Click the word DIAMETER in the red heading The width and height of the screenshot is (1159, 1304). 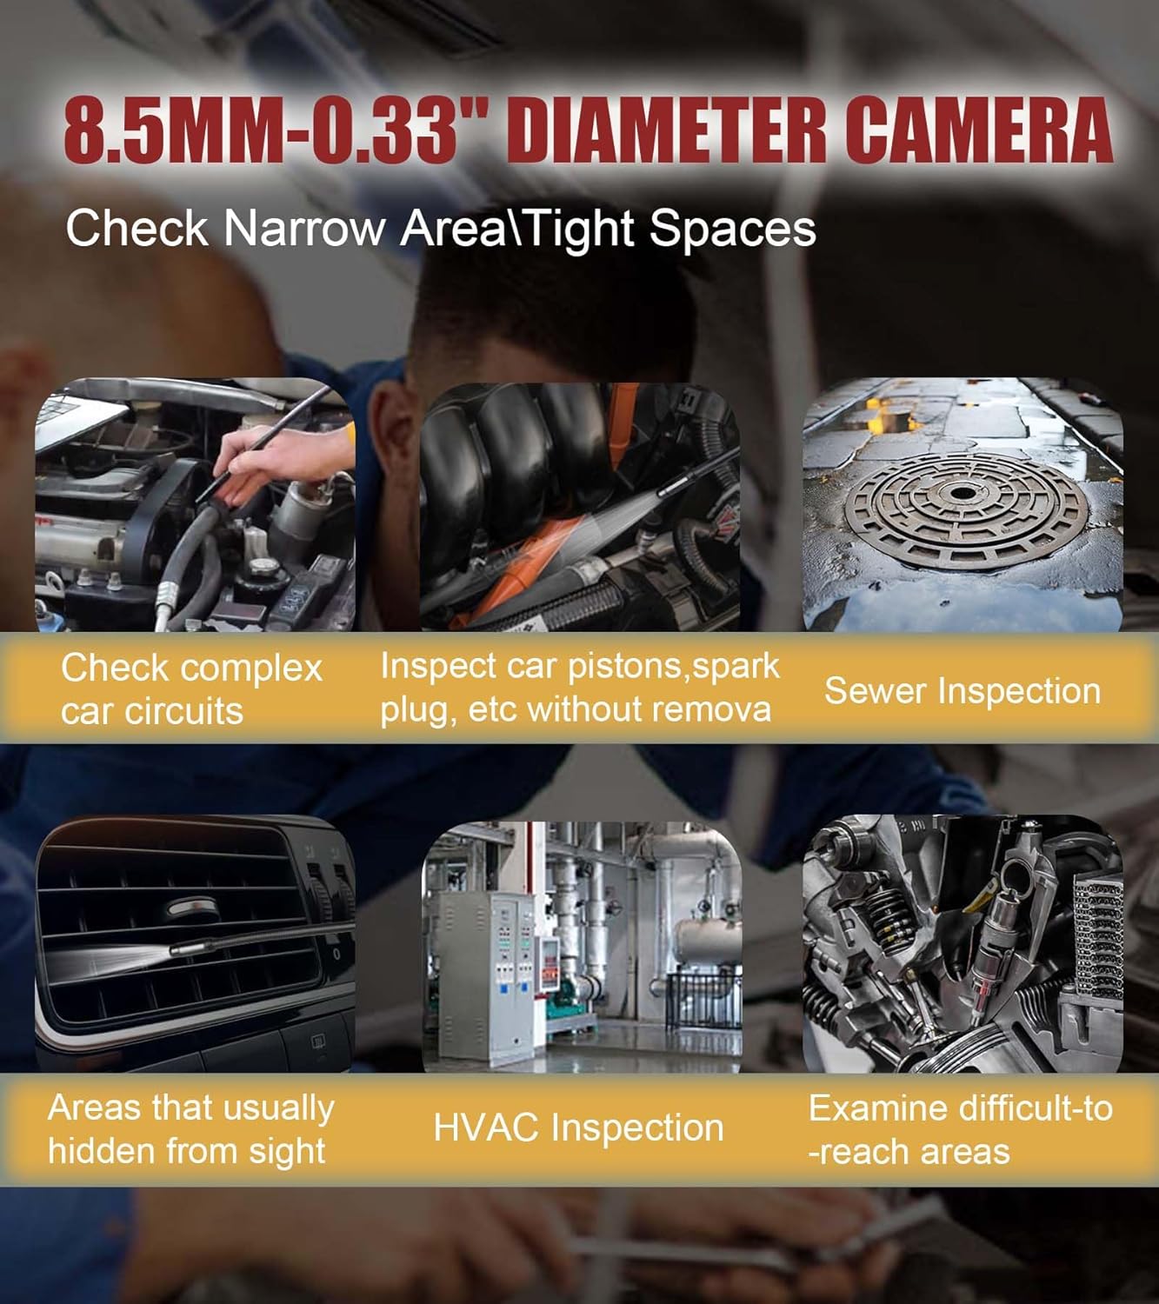(x=674, y=131)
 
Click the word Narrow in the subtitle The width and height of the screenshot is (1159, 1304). (x=304, y=229)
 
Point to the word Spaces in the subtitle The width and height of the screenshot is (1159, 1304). (x=732, y=229)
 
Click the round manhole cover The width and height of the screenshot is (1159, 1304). (x=963, y=503)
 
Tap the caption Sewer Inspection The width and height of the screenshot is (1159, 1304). (x=963, y=691)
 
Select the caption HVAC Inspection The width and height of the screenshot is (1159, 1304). (x=578, y=1128)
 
